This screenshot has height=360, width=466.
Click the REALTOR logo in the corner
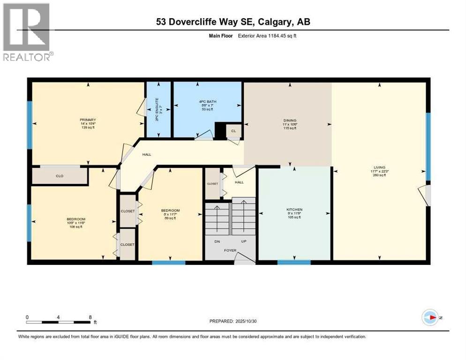[27, 32]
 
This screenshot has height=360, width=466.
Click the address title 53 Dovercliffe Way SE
[233, 22]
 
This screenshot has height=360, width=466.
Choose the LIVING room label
[379, 167]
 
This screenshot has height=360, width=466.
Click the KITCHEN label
[294, 210]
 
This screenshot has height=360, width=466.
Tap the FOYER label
[230, 250]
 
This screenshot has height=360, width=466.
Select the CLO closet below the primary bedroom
[60, 176]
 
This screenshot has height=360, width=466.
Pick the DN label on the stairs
[217, 242]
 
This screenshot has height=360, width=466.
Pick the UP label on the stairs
[243, 242]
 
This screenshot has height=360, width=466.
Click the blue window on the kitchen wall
[294, 262]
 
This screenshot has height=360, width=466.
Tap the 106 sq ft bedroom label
[75, 219]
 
